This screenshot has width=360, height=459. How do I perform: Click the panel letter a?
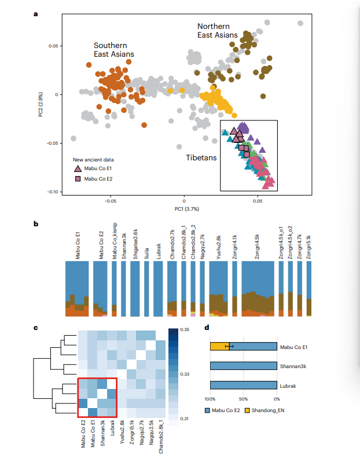(x=36, y=14)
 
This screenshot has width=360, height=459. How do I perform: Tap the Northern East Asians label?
(x=218, y=31)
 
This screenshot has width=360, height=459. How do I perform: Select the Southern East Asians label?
(x=114, y=50)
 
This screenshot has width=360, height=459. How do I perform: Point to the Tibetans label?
(x=201, y=158)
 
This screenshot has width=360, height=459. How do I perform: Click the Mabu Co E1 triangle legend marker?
(x=78, y=168)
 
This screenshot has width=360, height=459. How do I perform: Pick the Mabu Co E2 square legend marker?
(x=78, y=179)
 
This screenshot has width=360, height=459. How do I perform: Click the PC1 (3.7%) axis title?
(x=187, y=209)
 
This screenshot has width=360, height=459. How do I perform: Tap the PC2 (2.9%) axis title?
(x=41, y=105)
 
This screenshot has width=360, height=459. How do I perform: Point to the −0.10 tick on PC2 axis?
(x=53, y=192)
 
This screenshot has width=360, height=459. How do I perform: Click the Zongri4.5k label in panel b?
(x=257, y=247)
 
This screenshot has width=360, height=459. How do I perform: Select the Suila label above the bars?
(x=146, y=254)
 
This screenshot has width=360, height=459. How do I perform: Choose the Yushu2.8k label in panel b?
(x=219, y=247)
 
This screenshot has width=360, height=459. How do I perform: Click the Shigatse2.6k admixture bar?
(x=135, y=289)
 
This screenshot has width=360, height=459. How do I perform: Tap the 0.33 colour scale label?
(x=185, y=374)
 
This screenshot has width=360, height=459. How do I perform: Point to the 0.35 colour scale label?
(x=185, y=329)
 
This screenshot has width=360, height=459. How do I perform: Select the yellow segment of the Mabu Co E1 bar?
(x=220, y=347)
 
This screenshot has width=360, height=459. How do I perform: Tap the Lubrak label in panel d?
(x=288, y=386)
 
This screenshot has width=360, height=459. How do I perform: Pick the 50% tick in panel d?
(x=243, y=399)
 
